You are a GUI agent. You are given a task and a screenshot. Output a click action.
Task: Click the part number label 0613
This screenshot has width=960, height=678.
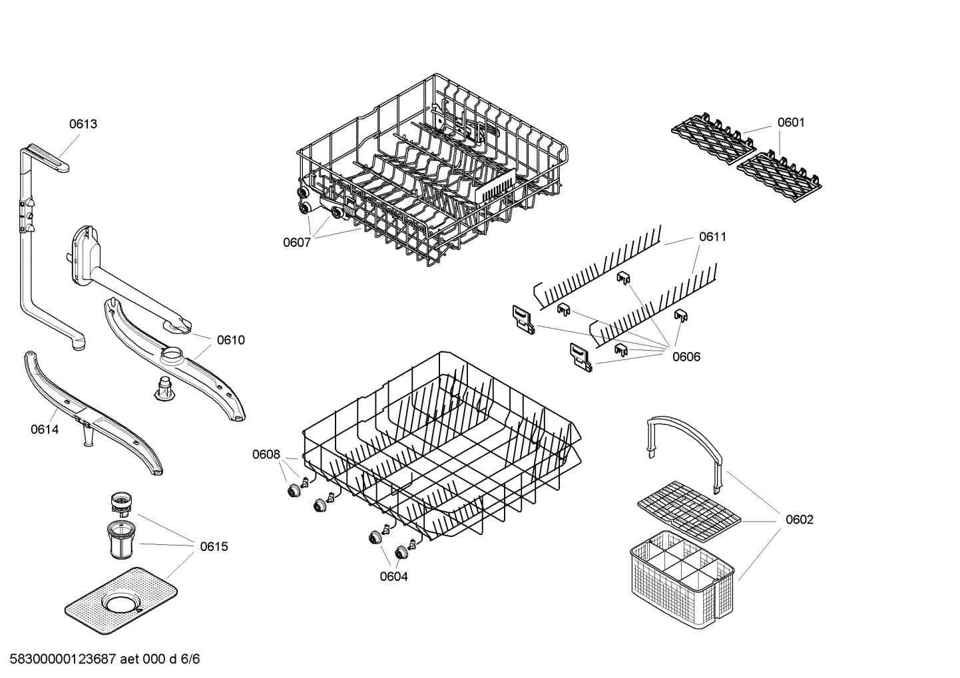point(83,124)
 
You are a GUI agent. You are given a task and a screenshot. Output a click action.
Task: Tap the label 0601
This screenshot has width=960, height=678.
point(791,122)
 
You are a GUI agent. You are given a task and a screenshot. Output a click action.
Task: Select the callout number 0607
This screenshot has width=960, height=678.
point(297,243)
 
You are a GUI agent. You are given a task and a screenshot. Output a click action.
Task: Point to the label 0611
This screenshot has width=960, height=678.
point(712,237)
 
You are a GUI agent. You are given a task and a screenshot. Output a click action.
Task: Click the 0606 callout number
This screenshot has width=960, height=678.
point(686,357)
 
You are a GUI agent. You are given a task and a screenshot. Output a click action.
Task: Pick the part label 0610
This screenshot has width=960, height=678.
point(230,340)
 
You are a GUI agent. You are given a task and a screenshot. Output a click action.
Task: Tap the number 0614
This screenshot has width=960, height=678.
point(45,430)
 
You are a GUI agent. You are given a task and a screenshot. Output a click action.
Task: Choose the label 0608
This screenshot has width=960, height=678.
point(266,454)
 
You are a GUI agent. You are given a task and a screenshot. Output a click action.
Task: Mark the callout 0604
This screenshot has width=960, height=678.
point(394,577)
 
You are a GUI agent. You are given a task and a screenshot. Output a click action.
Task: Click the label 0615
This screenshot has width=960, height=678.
point(214,547)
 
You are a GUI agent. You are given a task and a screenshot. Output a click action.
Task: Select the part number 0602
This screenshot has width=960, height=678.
point(800,520)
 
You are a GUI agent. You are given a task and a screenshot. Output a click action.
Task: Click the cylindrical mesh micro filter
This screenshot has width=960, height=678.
point(122,541)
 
